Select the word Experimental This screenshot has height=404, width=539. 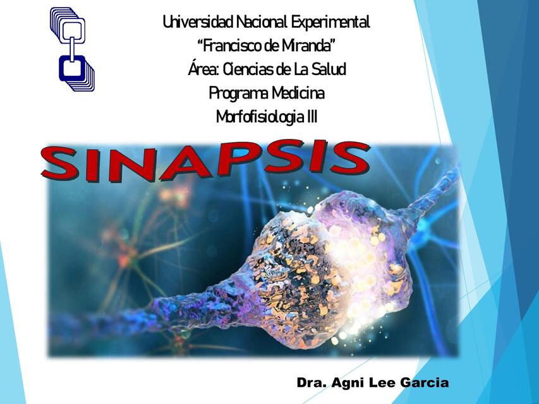pos(330,23)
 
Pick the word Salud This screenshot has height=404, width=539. pos(328,69)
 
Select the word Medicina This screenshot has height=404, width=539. pos(298,93)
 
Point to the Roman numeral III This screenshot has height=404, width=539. pos(310,117)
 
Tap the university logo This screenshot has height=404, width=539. pos(72,49)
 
